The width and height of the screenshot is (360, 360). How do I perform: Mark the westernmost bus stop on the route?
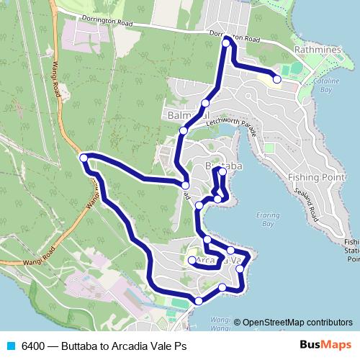pos(84,158)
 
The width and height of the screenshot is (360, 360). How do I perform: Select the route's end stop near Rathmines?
pos(277,79)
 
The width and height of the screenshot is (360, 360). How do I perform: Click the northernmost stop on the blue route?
pos(226,43)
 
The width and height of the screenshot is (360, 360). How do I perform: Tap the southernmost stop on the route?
pos(199,300)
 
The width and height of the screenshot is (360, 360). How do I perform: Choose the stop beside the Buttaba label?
pos(222,171)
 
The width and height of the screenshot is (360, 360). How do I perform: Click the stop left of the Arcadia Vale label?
pos(192,260)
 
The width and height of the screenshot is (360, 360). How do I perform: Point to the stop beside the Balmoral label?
pos(205,104)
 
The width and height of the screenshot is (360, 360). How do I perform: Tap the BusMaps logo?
pos(325,345)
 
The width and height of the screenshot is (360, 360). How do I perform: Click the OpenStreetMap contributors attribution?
pos(297,323)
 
